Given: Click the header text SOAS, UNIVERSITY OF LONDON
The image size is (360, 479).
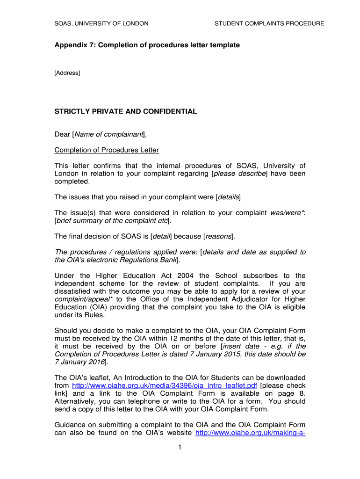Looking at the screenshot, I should coord(101,23).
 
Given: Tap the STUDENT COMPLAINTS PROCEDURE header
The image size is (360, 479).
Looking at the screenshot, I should coord(269,23).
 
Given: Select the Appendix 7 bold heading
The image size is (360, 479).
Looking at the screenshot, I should coord(147,45).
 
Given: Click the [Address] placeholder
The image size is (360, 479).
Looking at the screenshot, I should coord(67,73).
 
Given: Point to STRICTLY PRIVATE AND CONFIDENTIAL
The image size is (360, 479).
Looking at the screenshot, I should coord(126,111).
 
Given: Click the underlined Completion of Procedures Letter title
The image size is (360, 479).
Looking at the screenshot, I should coord(107,150).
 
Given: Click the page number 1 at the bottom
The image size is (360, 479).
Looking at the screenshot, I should coord(180,447).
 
